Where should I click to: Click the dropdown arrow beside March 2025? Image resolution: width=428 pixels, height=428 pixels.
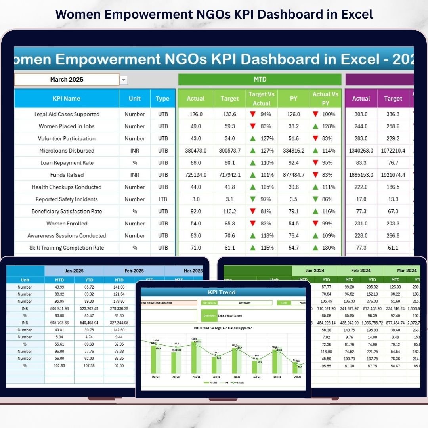coord(124,80)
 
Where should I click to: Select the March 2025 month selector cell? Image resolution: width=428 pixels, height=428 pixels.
coord(67,80)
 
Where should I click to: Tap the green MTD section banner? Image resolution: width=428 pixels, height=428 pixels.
coord(260,80)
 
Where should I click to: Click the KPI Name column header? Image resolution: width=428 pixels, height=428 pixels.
coord(67,99)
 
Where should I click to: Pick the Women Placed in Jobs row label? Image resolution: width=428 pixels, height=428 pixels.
coord(67,126)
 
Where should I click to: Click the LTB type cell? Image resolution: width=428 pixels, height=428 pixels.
coord(163,199)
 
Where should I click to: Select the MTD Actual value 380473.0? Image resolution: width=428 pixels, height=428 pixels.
coord(196,151)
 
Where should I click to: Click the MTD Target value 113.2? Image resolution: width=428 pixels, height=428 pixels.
coord(229,211)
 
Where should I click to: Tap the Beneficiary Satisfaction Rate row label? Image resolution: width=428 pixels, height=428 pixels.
coord(67,211)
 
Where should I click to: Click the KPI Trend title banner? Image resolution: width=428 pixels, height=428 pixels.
coord(222,292)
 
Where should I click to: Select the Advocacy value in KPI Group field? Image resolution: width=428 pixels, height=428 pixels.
coord(245,303)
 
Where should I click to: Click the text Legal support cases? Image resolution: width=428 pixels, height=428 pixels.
coord(230,316)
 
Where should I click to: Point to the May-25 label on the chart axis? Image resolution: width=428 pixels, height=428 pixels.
coord(197,377)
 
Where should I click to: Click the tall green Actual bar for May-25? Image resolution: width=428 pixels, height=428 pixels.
coord(194,357)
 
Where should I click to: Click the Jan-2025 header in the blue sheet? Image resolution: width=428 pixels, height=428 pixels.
coord(74,271)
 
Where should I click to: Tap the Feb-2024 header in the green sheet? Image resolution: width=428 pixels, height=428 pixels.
coord(361,271)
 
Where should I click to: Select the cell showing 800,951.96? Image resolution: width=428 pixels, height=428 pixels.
coord(59,308)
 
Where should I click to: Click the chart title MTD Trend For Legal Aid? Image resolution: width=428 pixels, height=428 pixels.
coord(223,328)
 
